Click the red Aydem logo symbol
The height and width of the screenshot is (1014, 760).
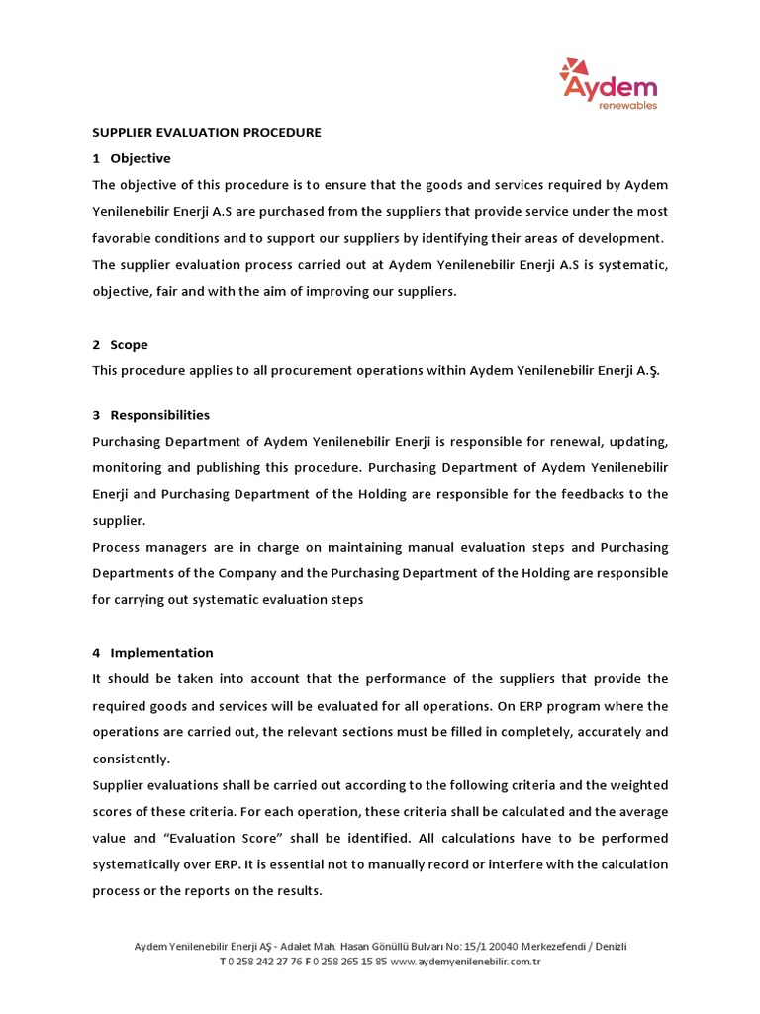(571, 71)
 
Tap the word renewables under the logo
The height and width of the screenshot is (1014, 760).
(627, 104)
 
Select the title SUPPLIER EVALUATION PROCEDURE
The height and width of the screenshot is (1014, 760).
(207, 132)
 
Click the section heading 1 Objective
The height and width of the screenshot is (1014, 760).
(132, 158)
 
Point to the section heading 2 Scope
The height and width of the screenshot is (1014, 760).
(120, 344)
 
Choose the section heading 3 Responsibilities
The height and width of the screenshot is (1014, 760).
(150, 415)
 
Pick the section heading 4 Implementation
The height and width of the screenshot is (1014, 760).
(152, 653)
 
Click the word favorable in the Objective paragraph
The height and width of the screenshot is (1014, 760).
(124, 238)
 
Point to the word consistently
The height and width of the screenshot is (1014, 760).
(131, 759)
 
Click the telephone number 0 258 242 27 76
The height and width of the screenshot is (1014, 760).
(261, 962)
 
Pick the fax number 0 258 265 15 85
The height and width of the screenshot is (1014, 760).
(349, 962)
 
